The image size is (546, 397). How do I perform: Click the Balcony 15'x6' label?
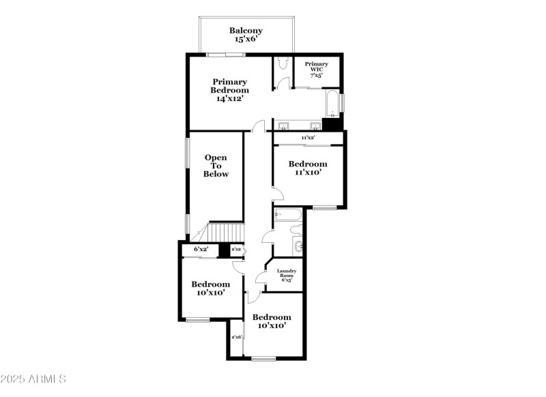click(246, 35)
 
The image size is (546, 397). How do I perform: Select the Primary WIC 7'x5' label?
click(316, 70)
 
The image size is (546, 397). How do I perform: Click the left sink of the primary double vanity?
click(284, 126)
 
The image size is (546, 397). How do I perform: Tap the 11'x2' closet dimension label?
click(308, 138)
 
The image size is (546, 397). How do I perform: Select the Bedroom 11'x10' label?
click(307, 168)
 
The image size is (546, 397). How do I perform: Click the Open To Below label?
click(216, 166)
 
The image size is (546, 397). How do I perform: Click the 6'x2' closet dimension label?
click(201, 250)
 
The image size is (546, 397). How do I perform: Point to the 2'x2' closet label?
click(236, 250)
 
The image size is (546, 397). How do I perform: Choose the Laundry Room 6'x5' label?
click(286, 275)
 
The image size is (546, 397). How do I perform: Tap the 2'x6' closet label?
click(237, 337)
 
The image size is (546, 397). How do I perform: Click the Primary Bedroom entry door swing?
click(257, 126)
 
